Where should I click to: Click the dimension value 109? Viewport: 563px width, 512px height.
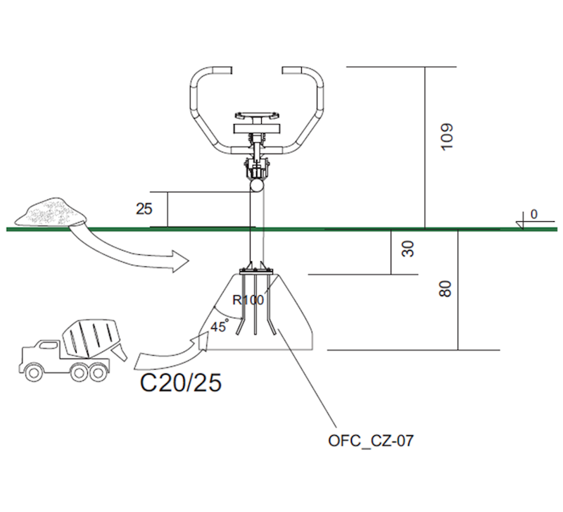pyautogui.click(x=447, y=137)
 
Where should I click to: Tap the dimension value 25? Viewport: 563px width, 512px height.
pyautogui.click(x=144, y=208)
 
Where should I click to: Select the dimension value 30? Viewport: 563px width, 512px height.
pyautogui.click(x=408, y=249)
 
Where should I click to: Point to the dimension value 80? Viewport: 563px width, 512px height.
pyautogui.click(x=445, y=289)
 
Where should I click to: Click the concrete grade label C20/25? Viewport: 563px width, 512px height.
pyautogui.click(x=181, y=382)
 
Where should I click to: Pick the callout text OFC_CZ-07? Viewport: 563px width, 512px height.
pyautogui.click(x=371, y=440)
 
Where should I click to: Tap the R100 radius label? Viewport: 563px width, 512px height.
pyautogui.click(x=248, y=299)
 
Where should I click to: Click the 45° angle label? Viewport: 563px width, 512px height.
pyautogui.click(x=219, y=326)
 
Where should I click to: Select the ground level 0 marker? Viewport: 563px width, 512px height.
pyautogui.click(x=534, y=214)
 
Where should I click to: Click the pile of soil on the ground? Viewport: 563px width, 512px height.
pyautogui.click(x=50, y=212)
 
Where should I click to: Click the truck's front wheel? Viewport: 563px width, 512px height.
pyautogui.click(x=34, y=373)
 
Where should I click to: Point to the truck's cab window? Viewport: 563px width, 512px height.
pyautogui.click(x=48, y=345)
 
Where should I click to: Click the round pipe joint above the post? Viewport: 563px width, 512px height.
pyautogui.click(x=257, y=186)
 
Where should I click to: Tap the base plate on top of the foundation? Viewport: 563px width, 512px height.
pyautogui.click(x=255, y=271)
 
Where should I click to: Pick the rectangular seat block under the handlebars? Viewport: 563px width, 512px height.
pyautogui.click(x=256, y=129)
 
